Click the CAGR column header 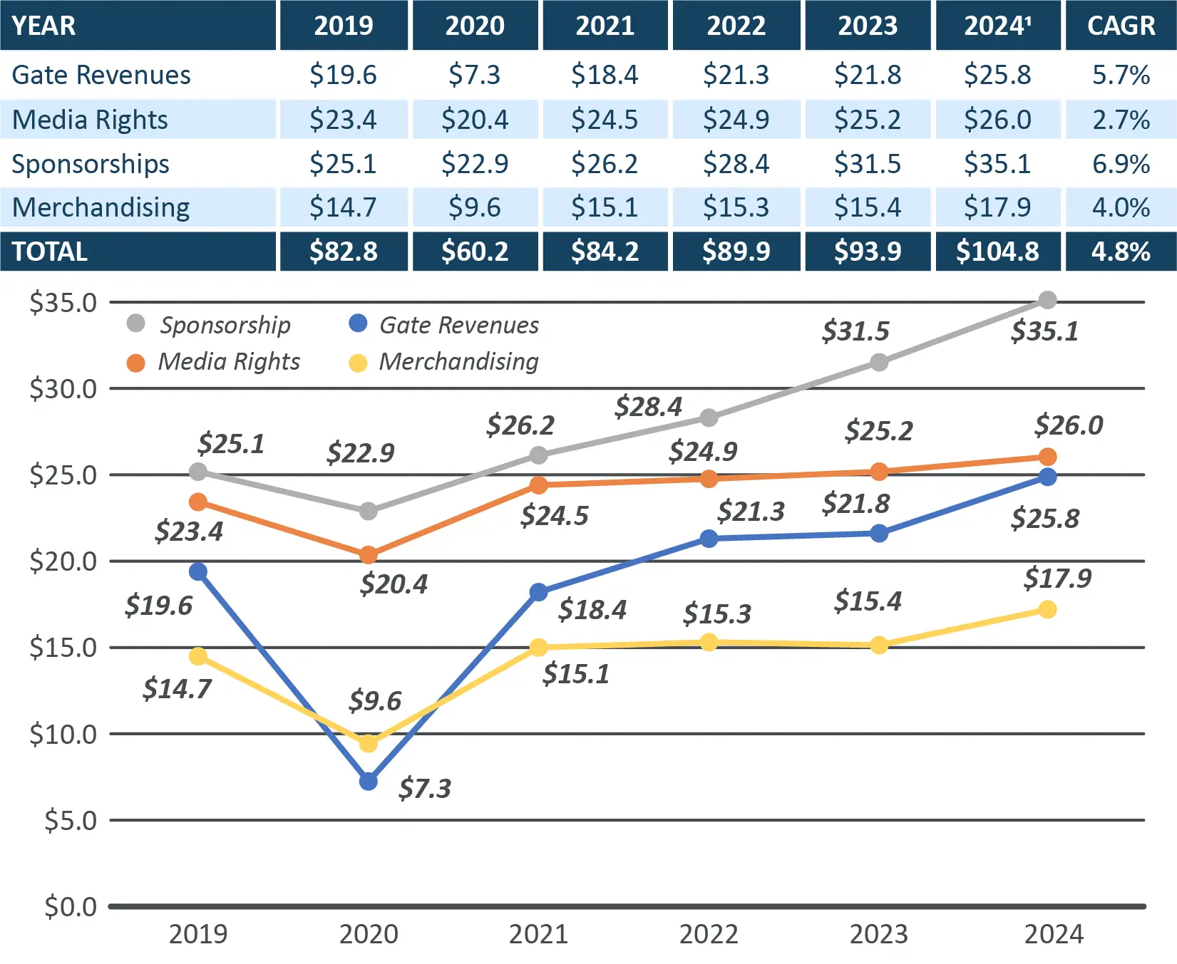coord(1120,26)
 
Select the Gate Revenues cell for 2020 coord(474,75)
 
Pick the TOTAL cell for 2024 coord(997,252)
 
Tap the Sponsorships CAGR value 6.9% coord(1120,164)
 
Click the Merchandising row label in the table coord(101,207)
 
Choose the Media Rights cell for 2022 coord(736,120)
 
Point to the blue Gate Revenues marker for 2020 coord(369,782)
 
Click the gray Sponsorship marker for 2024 coord(1047,300)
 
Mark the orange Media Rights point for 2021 coord(539,485)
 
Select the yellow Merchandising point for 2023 coord(879,646)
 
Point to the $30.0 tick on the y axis coord(63,389)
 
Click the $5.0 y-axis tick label coord(70,821)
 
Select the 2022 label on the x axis coord(709,934)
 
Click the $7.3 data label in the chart coord(424,789)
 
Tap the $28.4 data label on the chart coord(648,407)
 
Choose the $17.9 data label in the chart coord(1057,578)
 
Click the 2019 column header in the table coord(344,26)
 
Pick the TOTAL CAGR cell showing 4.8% coord(1120,252)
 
